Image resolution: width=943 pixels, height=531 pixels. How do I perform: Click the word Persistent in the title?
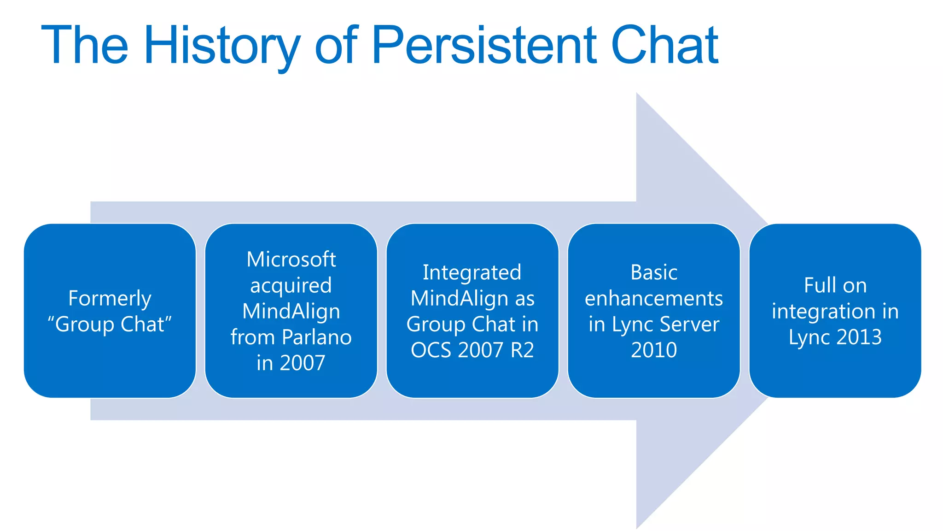[483, 45]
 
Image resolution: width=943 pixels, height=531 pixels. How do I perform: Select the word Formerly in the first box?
[110, 299]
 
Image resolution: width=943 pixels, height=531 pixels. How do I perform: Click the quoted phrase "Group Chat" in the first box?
[110, 324]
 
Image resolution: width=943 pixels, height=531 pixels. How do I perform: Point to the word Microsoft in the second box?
[291, 259]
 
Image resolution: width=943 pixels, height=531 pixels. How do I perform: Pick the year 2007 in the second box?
[303, 363]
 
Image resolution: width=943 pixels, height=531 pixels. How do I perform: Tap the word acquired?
[291, 285]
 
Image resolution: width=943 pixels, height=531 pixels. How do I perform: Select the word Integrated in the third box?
[472, 272]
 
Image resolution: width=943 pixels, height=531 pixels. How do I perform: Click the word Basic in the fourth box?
[654, 272]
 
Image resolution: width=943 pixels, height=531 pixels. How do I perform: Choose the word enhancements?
[654, 298]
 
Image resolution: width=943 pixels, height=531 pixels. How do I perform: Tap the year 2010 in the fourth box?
[654, 350]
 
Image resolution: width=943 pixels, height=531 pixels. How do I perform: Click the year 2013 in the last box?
[859, 337]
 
